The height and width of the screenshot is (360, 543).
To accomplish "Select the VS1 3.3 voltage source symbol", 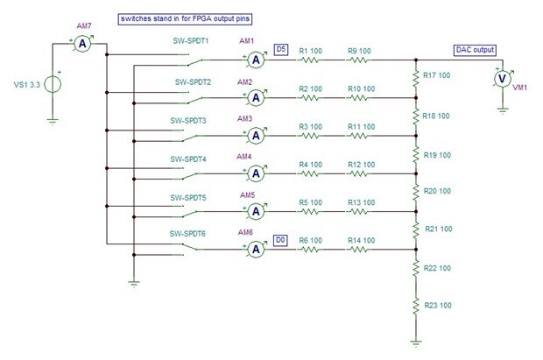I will coord(52,85).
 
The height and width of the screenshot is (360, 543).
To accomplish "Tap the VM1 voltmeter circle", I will coord(502,78).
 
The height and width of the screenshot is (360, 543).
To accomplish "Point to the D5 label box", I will coord(281,50).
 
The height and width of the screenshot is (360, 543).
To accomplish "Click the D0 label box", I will coord(280,239).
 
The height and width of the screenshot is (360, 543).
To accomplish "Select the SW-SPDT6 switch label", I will coord(191,234).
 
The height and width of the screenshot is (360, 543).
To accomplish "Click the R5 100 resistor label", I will coord(311,203).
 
